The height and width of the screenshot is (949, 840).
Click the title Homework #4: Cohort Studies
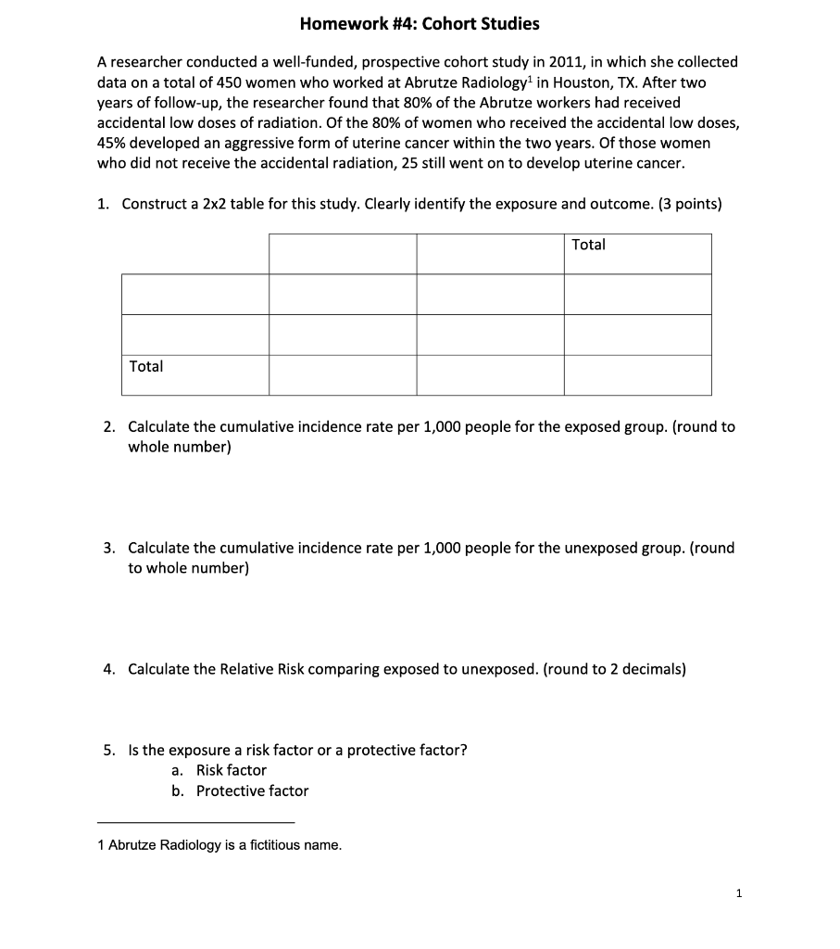(x=420, y=23)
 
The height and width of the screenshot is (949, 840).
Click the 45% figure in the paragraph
(x=113, y=143)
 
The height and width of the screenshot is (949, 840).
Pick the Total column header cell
(x=637, y=253)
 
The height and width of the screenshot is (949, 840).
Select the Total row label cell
(x=194, y=374)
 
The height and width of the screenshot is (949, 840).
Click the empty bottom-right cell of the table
(x=637, y=374)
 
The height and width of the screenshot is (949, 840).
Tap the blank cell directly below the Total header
(x=637, y=294)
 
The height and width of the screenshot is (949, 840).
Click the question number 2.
(x=109, y=427)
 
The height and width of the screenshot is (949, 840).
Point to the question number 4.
(x=109, y=669)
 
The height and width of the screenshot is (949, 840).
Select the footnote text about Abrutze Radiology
(x=219, y=845)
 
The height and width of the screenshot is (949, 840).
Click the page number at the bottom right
(x=738, y=894)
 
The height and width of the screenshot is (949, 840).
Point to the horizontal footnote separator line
(x=195, y=822)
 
